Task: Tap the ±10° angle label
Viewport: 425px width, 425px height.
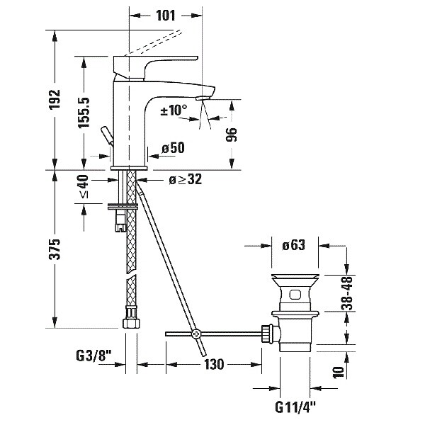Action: (174, 110)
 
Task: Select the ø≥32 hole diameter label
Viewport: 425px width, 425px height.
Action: (186, 179)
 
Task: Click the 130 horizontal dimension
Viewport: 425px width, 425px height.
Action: (212, 364)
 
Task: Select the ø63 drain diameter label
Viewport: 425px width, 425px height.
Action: (293, 246)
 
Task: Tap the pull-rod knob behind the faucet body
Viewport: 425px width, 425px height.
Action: (106, 135)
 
